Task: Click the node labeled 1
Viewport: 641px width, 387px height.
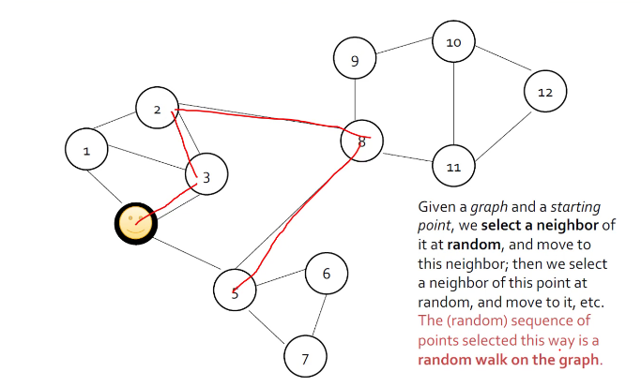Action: pyautogui.click(x=87, y=150)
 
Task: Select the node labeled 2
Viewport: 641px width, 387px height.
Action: pyautogui.click(x=157, y=111)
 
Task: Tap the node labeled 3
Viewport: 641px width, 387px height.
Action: pyautogui.click(x=206, y=175)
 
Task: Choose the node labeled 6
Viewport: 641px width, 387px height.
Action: pyautogui.click(x=326, y=274)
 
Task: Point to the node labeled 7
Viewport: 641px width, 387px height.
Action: pyautogui.click(x=304, y=357)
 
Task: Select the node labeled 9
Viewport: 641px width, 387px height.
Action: pyautogui.click(x=355, y=62)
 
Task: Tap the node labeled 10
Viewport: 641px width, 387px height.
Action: pyautogui.click(x=453, y=43)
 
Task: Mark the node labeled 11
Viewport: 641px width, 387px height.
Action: pyautogui.click(x=453, y=167)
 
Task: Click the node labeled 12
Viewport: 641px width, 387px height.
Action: pyautogui.click(x=544, y=92)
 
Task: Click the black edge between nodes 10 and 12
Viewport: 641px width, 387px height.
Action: pyautogui.click(x=499, y=67)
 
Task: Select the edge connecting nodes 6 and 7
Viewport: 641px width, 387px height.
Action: pyautogui.click(x=316, y=312)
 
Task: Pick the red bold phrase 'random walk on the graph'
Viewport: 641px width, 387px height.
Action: pyautogui.click(x=508, y=360)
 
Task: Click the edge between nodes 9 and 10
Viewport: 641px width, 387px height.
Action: pyautogui.click(x=404, y=52)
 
